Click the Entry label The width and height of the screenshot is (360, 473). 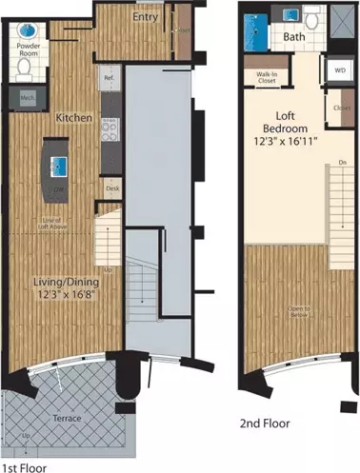[145, 17]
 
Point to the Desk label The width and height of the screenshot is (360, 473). [112, 188]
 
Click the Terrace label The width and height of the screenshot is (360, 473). [64, 418]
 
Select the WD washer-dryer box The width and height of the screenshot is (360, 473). [338, 69]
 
